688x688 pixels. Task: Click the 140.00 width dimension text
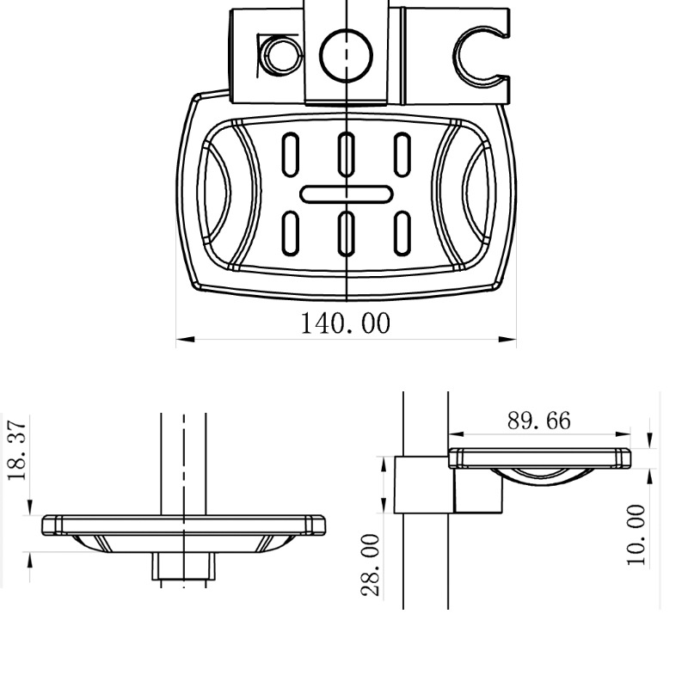pos(345,324)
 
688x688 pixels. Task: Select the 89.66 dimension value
pos(538,421)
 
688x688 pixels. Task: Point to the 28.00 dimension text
pos(371,564)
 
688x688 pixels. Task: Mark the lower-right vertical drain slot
pos(402,232)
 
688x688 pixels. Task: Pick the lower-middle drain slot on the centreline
pos(347,232)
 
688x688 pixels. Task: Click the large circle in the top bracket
pos(346,56)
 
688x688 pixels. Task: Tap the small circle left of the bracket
pos(278,56)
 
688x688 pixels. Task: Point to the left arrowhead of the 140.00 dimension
pos(182,340)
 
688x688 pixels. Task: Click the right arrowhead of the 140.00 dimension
pos(509,340)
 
